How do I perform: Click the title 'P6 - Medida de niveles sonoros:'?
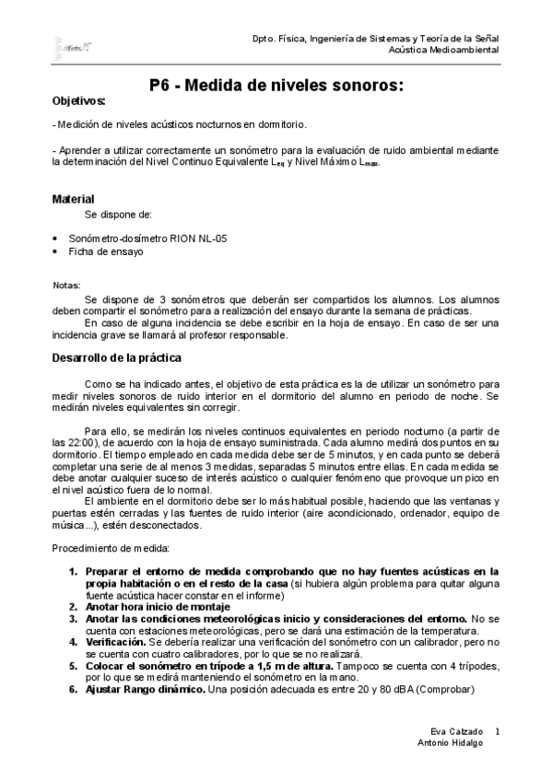pos(276,86)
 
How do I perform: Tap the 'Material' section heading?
pos(73,199)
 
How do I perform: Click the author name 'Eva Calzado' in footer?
pos(447,730)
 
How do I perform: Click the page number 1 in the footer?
pos(497,730)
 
